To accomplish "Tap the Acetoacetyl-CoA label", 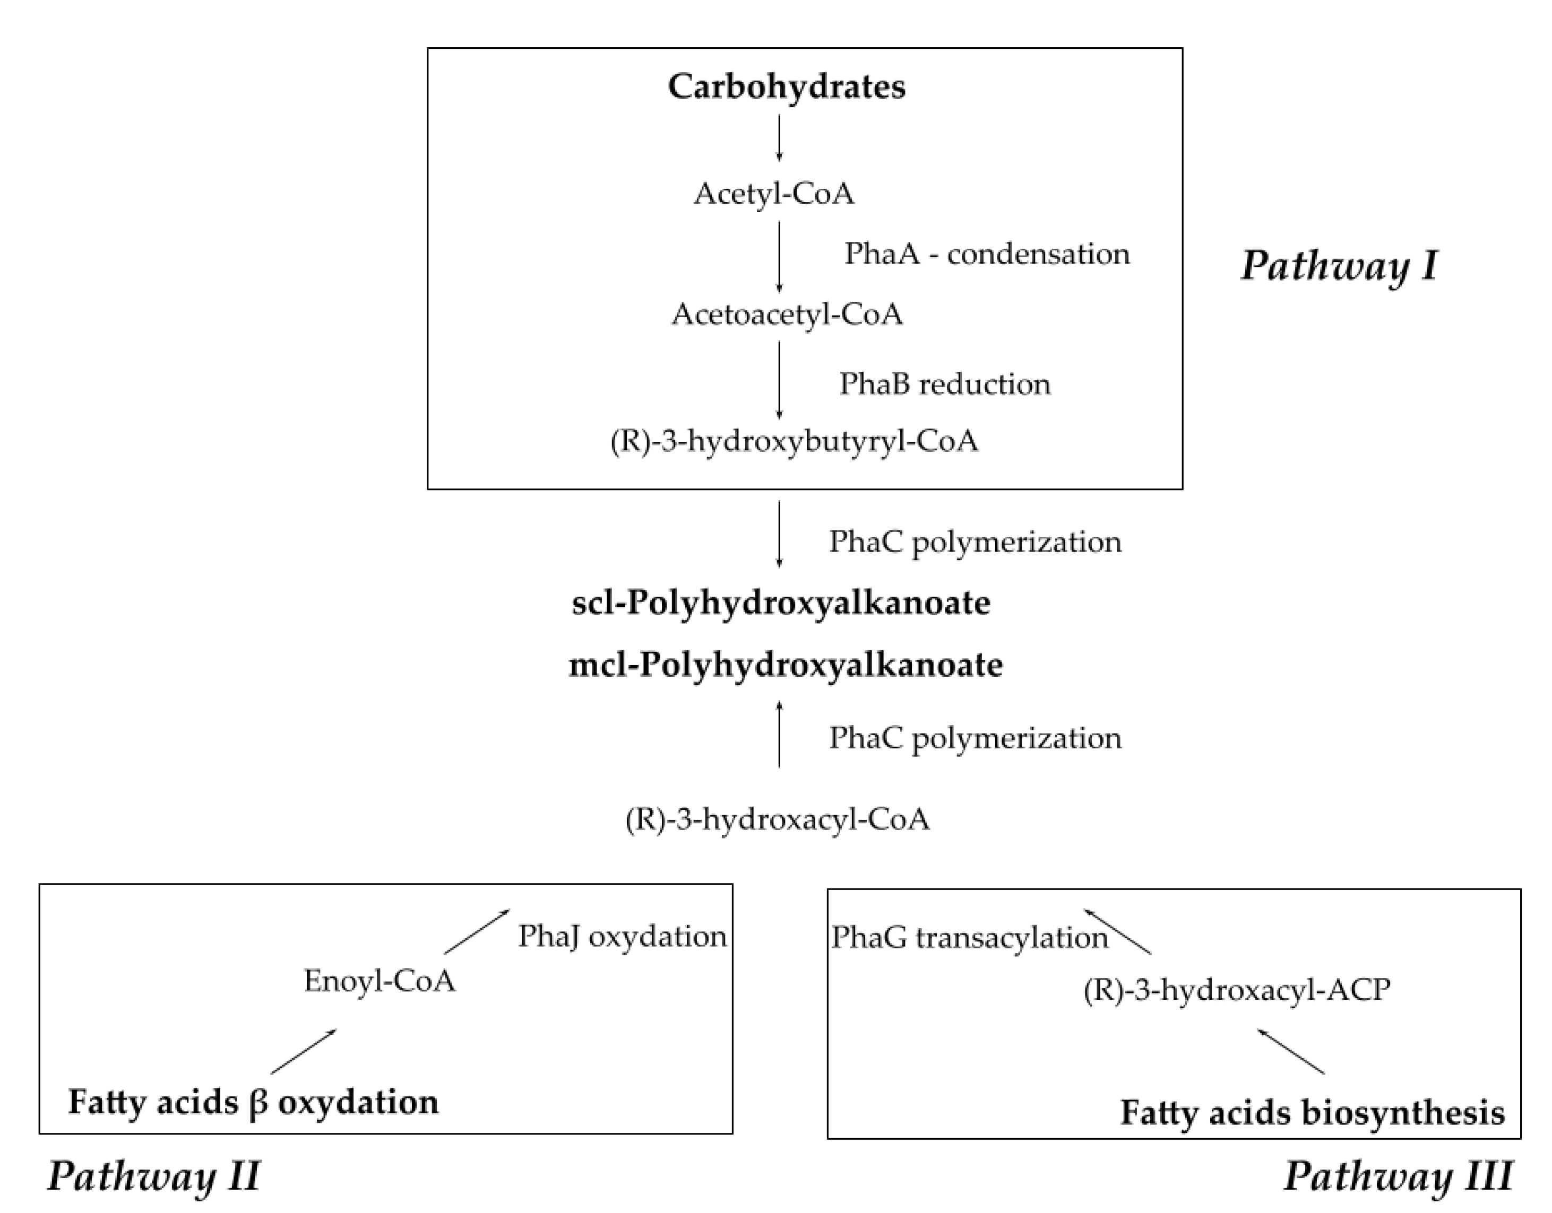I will click(x=787, y=314).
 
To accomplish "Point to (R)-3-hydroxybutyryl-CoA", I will click(x=794, y=441).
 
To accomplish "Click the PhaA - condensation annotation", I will click(x=986, y=254).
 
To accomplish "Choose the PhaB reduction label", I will click(x=944, y=383).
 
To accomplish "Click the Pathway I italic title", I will click(x=1339, y=266).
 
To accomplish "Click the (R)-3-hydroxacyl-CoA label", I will click(x=778, y=819).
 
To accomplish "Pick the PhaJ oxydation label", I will click(x=622, y=936).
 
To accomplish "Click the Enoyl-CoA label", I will click(x=380, y=981).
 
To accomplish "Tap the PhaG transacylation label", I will click(x=969, y=937).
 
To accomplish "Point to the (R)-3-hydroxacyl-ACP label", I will click(x=1237, y=989).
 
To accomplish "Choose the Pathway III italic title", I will click(x=1398, y=1175).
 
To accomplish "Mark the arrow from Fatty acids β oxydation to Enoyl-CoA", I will click(x=304, y=1051).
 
